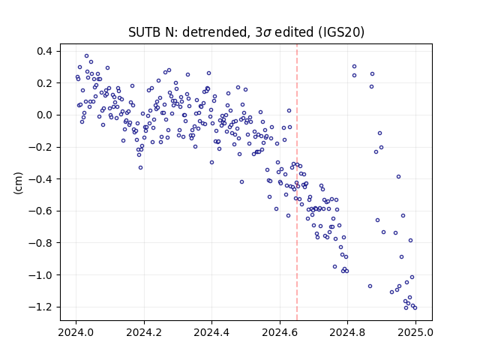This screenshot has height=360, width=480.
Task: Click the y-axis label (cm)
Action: [x=18, y=183]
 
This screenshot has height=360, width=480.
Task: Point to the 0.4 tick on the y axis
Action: [x=44, y=51]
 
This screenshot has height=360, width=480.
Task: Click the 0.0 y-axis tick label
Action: [x=44, y=115]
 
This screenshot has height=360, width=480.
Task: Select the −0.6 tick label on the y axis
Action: [x=40, y=211]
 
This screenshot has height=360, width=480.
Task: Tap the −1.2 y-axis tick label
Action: [x=40, y=307]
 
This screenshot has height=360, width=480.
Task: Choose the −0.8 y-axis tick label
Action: [x=40, y=243]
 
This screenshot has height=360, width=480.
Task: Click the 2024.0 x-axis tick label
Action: [x=76, y=332]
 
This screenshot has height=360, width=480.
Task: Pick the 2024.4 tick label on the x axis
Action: [x=211, y=332]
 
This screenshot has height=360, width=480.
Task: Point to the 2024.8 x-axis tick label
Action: [x=347, y=332]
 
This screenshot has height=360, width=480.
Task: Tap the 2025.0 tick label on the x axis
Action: [x=415, y=332]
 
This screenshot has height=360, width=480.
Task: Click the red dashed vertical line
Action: [x=297, y=182]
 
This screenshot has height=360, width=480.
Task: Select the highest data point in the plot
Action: [x=87, y=56]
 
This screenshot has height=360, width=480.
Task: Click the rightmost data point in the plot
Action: [x=415, y=307]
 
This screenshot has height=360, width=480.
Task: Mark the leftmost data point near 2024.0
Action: [x=77, y=76]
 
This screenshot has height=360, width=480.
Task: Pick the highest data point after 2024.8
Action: [x=355, y=67]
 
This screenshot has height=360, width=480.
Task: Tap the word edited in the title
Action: [x=294, y=32]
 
